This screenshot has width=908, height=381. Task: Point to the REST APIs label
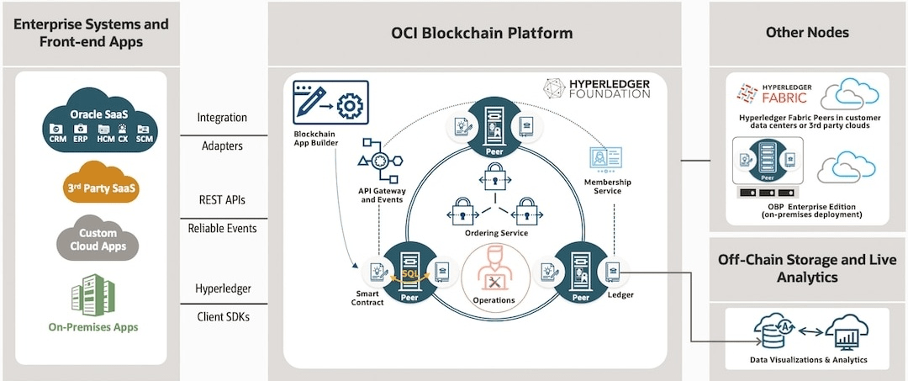coord(222,200)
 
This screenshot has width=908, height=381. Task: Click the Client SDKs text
coord(222,316)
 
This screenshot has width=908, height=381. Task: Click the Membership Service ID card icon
coord(606,158)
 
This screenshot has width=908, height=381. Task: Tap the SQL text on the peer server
coord(409,272)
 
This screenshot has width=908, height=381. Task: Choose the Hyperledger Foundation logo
coord(594,89)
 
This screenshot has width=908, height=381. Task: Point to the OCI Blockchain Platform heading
coord(482,34)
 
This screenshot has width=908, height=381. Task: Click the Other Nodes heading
coord(807,33)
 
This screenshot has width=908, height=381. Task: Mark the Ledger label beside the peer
coord(621,296)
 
